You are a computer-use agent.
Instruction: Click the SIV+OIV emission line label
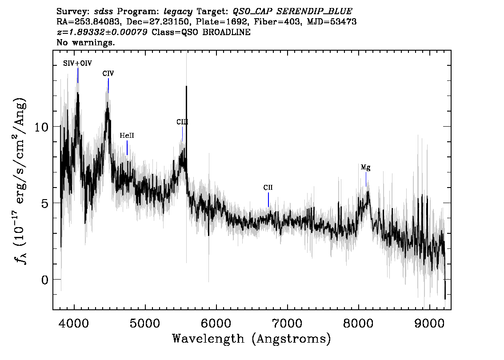tap(77, 63)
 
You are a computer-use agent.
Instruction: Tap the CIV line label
tap(108, 74)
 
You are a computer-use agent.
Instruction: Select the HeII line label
tap(127, 136)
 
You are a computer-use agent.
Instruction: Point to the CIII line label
tap(182, 122)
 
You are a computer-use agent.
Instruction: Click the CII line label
tap(268, 188)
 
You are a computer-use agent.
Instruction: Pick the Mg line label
tap(365, 168)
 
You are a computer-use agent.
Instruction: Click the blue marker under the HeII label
tap(127, 148)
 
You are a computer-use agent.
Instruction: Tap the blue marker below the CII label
tap(268, 200)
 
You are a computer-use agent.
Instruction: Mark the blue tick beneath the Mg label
tap(366, 180)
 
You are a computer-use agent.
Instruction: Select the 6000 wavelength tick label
tap(216, 323)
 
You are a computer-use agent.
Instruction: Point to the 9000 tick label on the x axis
tap(429, 323)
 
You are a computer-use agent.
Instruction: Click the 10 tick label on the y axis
tap(41, 127)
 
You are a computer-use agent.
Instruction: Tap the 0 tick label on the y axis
tap(45, 280)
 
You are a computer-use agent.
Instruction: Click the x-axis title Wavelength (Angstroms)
tap(252, 339)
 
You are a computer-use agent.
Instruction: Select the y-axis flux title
tap(20, 181)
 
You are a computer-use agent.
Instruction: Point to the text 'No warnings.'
tap(85, 42)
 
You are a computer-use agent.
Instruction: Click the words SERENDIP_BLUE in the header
tap(314, 12)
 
